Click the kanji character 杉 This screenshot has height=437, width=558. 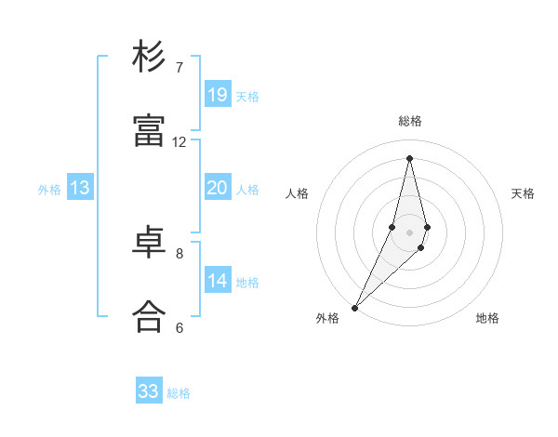pyautogui.click(x=150, y=57)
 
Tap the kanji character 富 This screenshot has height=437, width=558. pyautogui.click(x=150, y=131)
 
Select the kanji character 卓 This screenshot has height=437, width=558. pyautogui.click(x=150, y=243)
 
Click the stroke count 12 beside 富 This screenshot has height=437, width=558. pyautogui.click(x=179, y=142)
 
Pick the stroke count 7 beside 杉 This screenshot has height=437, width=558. pyautogui.click(x=179, y=68)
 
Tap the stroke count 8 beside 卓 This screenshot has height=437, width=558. pyautogui.click(x=179, y=253)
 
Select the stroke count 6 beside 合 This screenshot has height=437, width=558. pyautogui.click(x=179, y=327)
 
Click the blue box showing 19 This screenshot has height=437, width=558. pyautogui.click(x=217, y=95)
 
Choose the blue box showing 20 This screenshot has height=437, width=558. pyautogui.click(x=217, y=188)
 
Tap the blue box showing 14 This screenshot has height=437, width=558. pyautogui.click(x=217, y=281)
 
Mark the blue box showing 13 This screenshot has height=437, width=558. pyautogui.click(x=80, y=188)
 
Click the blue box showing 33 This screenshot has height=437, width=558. pyautogui.click(x=149, y=391)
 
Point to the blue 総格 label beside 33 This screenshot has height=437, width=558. pyautogui.click(x=179, y=393)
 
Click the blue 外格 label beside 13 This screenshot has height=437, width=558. pyautogui.click(x=49, y=190)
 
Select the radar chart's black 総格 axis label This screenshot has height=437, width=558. pyautogui.click(x=410, y=121)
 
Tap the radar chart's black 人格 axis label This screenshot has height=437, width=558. pyautogui.click(x=297, y=193)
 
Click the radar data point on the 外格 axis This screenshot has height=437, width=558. pyautogui.click(x=354, y=307)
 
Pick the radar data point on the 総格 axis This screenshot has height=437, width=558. pyautogui.click(x=409, y=157)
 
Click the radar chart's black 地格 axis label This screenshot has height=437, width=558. pyautogui.click(x=487, y=318)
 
